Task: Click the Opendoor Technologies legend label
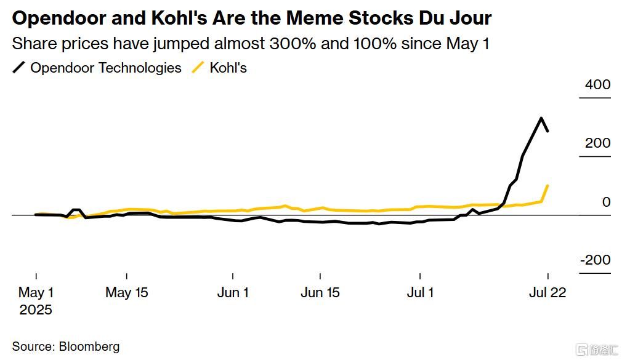tap(106, 68)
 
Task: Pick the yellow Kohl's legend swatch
tap(198, 68)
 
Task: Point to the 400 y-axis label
tap(597, 84)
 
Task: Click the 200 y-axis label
tap(597, 143)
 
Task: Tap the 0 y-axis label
tap(606, 202)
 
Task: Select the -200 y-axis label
tap(595, 260)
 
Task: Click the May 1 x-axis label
tap(36, 292)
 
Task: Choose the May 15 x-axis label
tap(127, 292)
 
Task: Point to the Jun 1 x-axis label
tap(233, 292)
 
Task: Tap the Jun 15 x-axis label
tap(320, 292)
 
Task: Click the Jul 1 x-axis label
tap(420, 292)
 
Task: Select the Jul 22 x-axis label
tap(547, 292)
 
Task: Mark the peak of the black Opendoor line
tap(541, 118)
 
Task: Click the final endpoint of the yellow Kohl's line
tap(547, 185)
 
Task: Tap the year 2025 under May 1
tap(36, 310)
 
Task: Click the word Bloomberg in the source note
tap(89, 346)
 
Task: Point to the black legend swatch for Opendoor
tap(19, 68)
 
